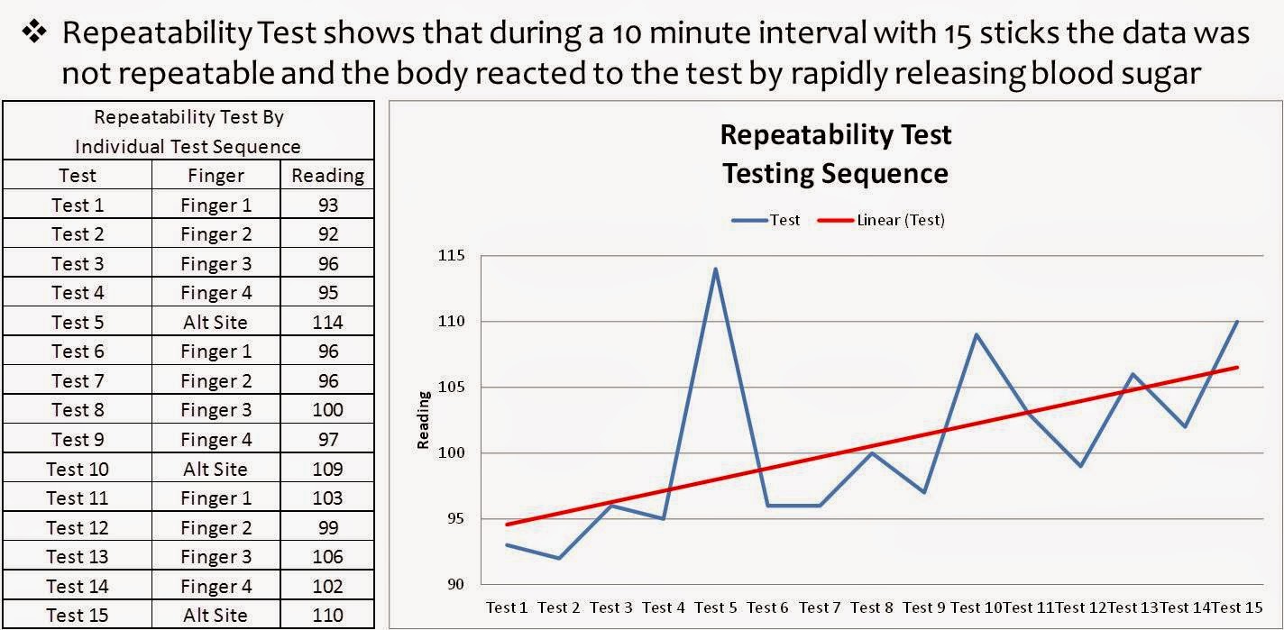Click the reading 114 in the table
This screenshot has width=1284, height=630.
[x=327, y=322]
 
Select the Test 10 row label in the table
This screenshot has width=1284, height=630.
[x=77, y=469]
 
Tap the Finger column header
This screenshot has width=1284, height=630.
[x=216, y=175]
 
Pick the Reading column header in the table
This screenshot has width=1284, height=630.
[x=327, y=175]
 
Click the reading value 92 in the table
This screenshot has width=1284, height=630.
[x=327, y=234]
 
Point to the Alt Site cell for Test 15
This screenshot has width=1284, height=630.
[x=215, y=616]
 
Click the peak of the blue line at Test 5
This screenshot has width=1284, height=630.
[x=716, y=269]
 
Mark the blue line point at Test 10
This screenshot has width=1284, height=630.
[x=977, y=334]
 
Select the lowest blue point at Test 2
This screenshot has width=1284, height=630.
[x=559, y=558]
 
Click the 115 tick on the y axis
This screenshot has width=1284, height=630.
[x=453, y=256]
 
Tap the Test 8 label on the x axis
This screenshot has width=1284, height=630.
[x=872, y=607]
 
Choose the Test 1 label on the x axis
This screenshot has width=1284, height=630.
[x=507, y=607]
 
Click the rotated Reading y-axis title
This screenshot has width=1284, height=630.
[x=423, y=419]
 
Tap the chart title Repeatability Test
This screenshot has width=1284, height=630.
[x=835, y=135]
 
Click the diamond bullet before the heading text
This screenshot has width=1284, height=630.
[x=34, y=33]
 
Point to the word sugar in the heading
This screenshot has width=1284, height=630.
[x=1161, y=73]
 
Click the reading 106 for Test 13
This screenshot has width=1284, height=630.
[x=327, y=557]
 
